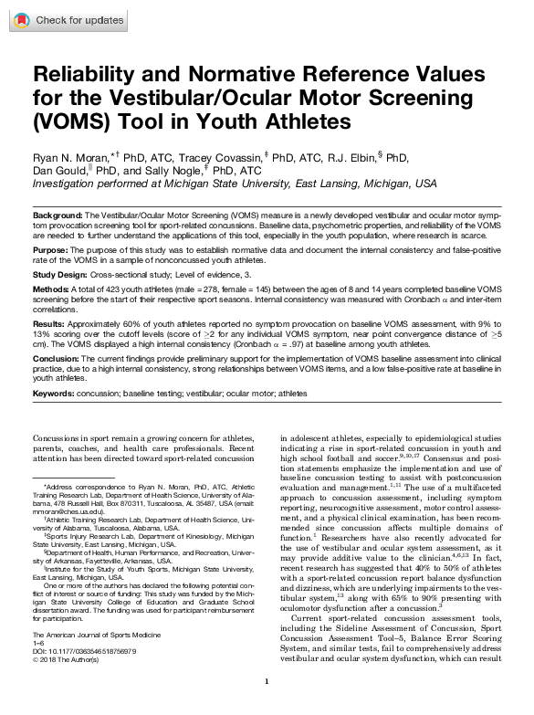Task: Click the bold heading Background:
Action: tap(58, 213)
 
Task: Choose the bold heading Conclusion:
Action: tap(58, 358)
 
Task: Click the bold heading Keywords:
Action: tap(58, 393)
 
